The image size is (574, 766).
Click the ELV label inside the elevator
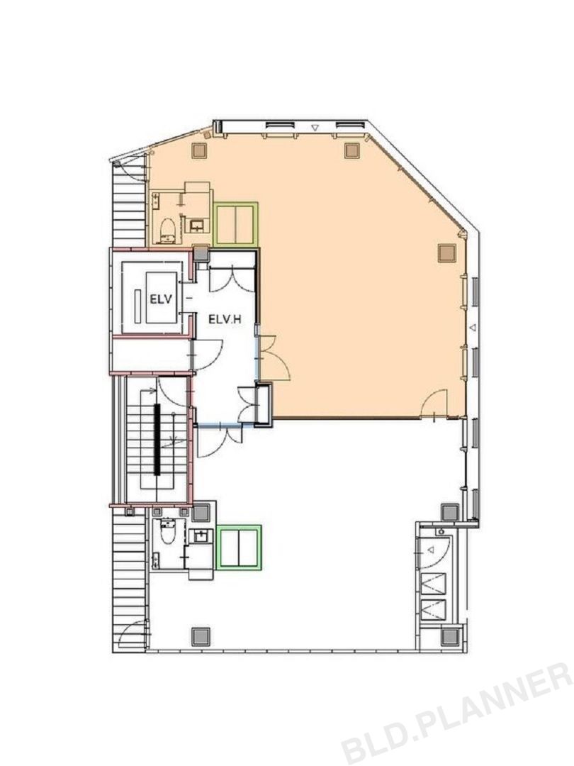161,299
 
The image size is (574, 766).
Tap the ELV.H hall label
225,320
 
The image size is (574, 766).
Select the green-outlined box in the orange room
236,224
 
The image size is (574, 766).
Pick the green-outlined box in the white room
240,547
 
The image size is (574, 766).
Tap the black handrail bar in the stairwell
157,439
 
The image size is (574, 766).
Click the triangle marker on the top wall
315,128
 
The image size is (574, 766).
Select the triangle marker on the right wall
472,328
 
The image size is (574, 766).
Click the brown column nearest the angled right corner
446,253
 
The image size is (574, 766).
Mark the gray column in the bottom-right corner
450,636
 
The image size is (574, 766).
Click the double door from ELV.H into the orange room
274,357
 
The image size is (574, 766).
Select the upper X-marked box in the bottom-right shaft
434,583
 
